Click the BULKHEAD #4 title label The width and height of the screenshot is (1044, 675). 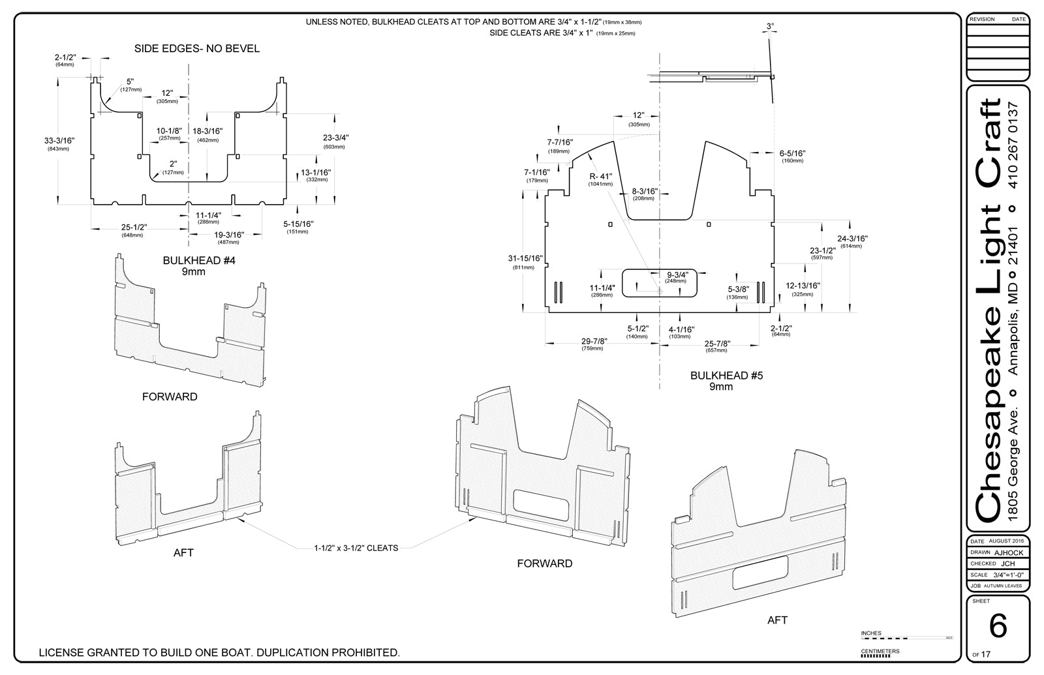coord(198,261)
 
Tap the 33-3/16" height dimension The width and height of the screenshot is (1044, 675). coord(59,140)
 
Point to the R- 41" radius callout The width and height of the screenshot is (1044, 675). coord(600,176)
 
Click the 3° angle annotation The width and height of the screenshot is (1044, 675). coord(771,26)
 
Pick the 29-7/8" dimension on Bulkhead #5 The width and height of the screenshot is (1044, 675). coord(594,342)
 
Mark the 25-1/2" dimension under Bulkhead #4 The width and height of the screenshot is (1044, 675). coord(134,228)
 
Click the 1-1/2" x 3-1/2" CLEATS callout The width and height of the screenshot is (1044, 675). coord(356,548)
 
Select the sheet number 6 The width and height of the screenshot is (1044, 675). coord(998,627)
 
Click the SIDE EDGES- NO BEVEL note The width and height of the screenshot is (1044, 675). coord(196,48)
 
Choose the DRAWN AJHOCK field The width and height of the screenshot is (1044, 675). coord(997,552)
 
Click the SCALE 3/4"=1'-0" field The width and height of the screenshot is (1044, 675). coord(997,575)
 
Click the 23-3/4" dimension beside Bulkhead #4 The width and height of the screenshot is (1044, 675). coord(335,138)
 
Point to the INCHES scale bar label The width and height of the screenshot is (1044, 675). coord(871,633)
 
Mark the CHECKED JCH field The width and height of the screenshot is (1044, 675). coord(997,563)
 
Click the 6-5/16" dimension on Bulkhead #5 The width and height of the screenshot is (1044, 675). coord(792,153)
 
